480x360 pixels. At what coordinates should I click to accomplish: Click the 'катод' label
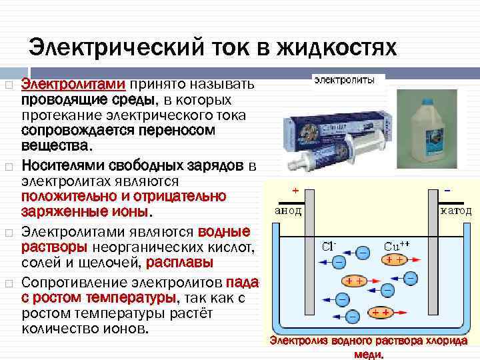click(455, 211)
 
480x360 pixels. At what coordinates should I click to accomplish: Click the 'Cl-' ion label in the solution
click(328, 245)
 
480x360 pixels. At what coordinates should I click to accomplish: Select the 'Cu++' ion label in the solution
click(396, 245)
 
